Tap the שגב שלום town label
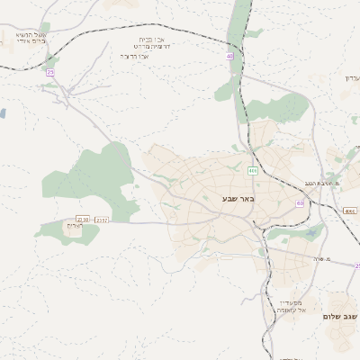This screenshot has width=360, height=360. click(x=340, y=317)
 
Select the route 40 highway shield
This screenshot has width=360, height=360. click(x=230, y=56)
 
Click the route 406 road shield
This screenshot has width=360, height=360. click(x=254, y=169)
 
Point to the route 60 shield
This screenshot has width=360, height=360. click(x=299, y=203)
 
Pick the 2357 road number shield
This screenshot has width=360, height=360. click(x=102, y=219)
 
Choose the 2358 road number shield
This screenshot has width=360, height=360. click(x=83, y=219)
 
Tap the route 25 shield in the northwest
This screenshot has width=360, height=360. click(x=50, y=72)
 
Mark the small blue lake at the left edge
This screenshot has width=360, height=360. click(x=2, y=114)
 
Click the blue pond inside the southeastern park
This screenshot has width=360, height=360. click(x=311, y=233)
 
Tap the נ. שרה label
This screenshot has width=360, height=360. click(x=323, y=260)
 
